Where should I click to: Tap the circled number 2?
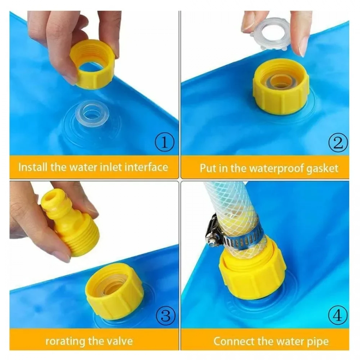(x=338, y=143)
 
